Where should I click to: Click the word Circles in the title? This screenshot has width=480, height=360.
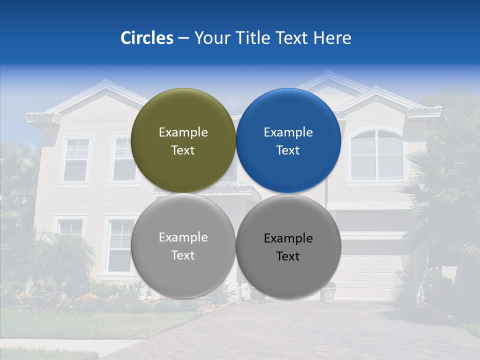(x=146, y=38)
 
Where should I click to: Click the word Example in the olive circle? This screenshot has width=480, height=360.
(x=183, y=132)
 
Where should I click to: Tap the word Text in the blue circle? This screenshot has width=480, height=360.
(x=288, y=150)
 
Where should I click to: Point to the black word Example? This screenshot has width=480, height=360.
(x=288, y=238)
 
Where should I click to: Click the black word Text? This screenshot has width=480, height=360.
(x=288, y=256)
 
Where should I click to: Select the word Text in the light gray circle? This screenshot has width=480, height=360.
(x=183, y=255)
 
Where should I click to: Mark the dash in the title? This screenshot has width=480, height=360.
(x=183, y=38)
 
